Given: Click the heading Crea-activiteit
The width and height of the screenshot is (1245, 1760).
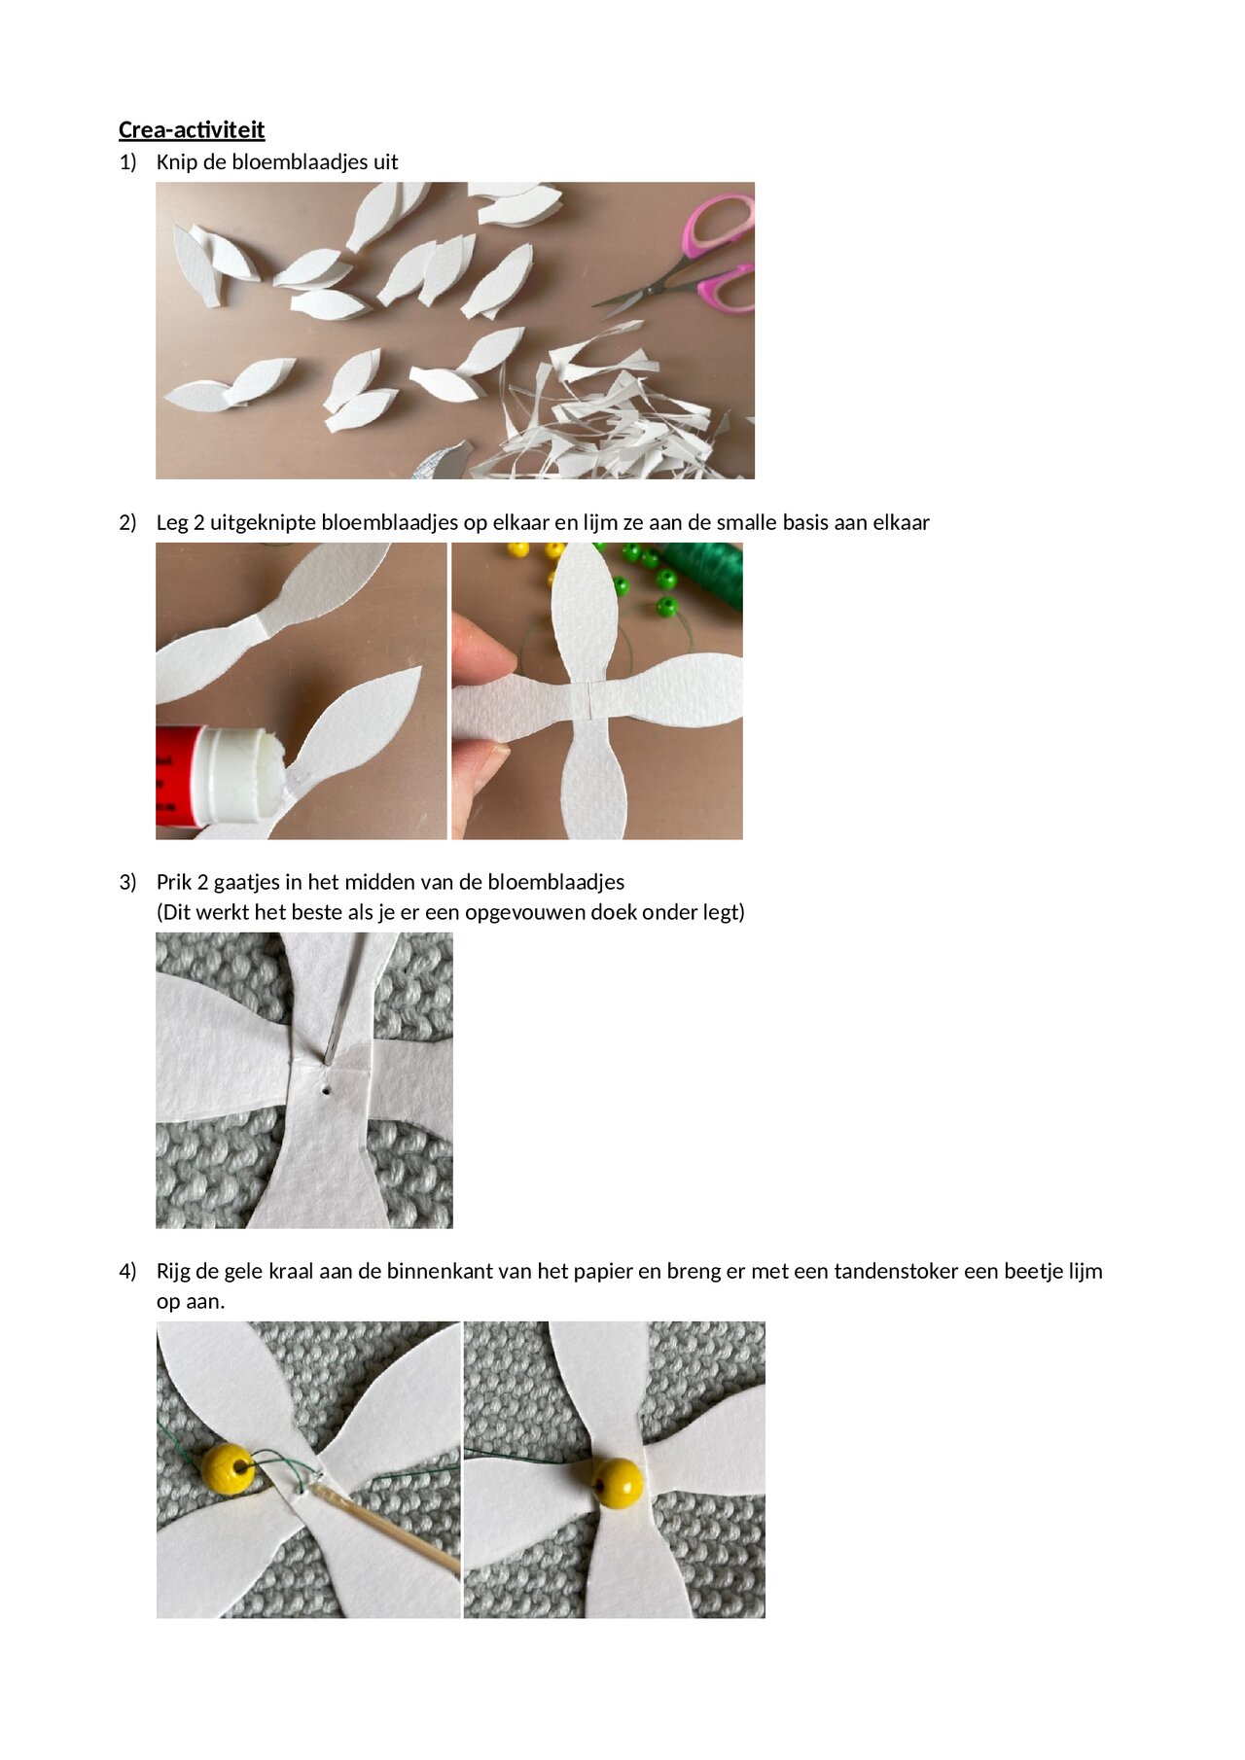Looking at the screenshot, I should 192,129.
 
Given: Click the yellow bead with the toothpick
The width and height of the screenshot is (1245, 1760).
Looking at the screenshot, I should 228,1469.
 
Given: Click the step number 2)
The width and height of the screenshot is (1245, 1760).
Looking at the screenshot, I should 127,522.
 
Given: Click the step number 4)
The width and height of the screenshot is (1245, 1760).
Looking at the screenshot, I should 127,1271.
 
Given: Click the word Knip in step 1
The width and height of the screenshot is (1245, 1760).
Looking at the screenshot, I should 176,161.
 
